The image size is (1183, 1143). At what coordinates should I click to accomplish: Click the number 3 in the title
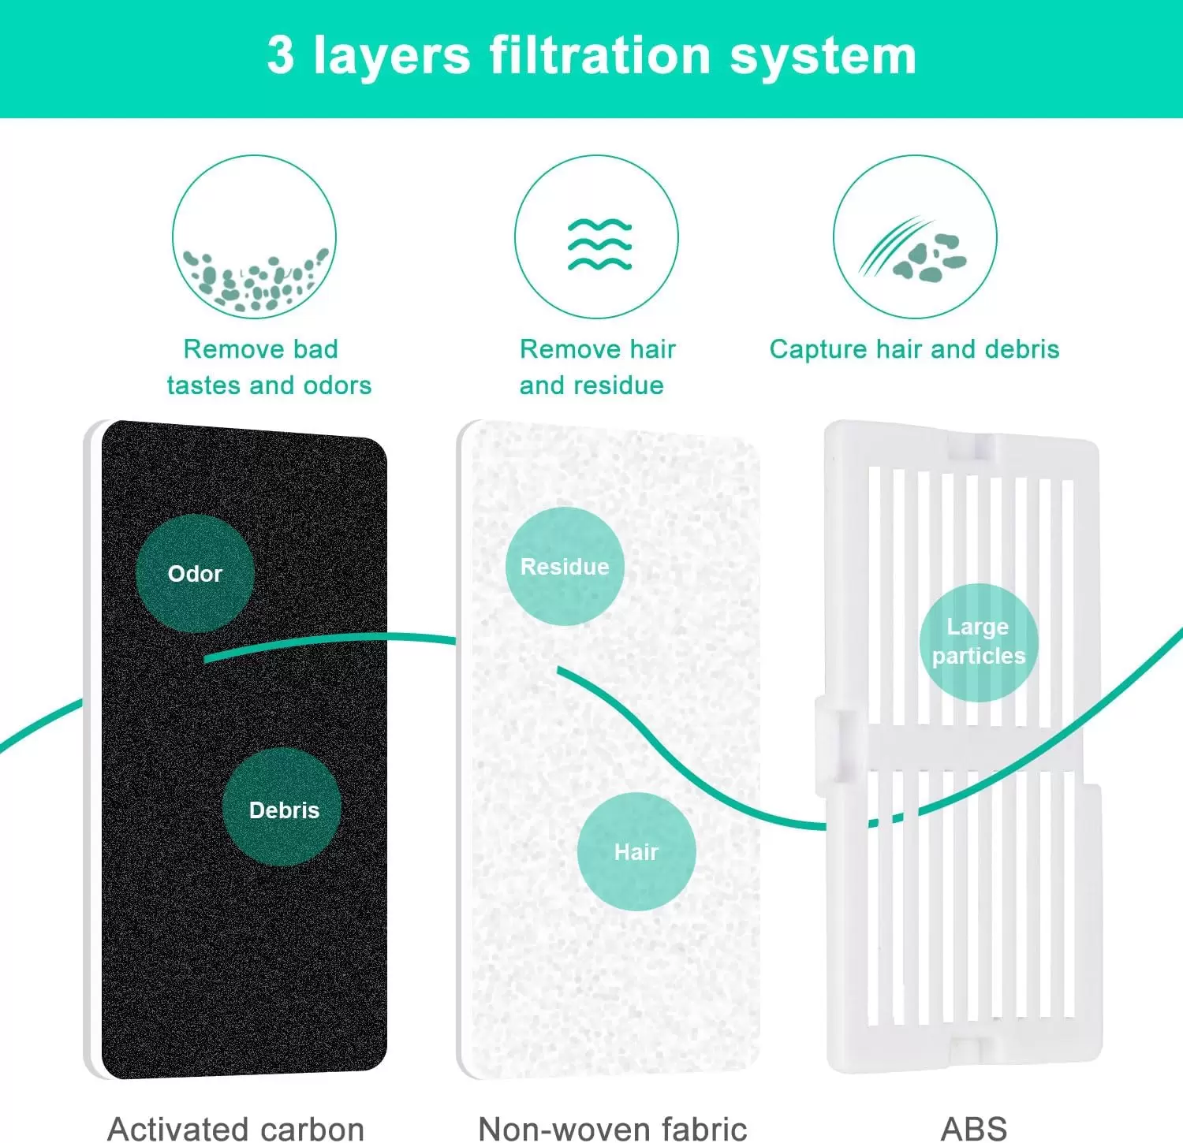click(x=281, y=55)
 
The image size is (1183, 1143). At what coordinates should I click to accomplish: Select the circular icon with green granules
click(x=254, y=236)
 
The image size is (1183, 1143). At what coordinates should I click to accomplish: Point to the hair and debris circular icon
click(x=915, y=236)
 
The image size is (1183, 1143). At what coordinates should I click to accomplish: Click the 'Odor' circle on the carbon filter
click(x=195, y=573)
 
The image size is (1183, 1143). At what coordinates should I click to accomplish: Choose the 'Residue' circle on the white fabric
click(x=565, y=566)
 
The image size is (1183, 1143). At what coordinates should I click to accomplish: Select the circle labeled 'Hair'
click(x=636, y=851)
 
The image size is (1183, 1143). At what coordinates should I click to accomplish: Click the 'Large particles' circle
click(x=979, y=642)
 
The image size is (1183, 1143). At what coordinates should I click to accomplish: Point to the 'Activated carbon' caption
click(x=236, y=1128)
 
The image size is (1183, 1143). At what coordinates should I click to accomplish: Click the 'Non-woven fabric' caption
click(x=612, y=1128)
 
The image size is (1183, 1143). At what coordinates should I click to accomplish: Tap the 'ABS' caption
click(x=974, y=1128)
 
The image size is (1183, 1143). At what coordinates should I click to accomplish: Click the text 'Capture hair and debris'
click(x=914, y=349)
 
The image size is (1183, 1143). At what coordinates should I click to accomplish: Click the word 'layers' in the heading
click(x=392, y=57)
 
